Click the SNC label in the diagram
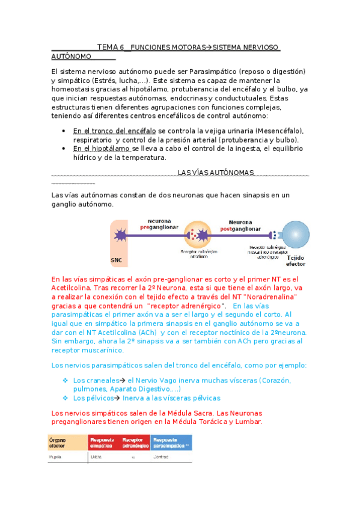click(116, 260)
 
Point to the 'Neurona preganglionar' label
click(156, 224)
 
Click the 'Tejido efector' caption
click(295, 260)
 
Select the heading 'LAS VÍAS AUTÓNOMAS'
click(216, 173)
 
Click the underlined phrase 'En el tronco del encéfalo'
click(114, 131)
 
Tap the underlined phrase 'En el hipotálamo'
click(102, 149)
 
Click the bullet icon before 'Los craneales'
click(66, 381)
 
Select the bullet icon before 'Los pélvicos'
click(66, 398)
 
